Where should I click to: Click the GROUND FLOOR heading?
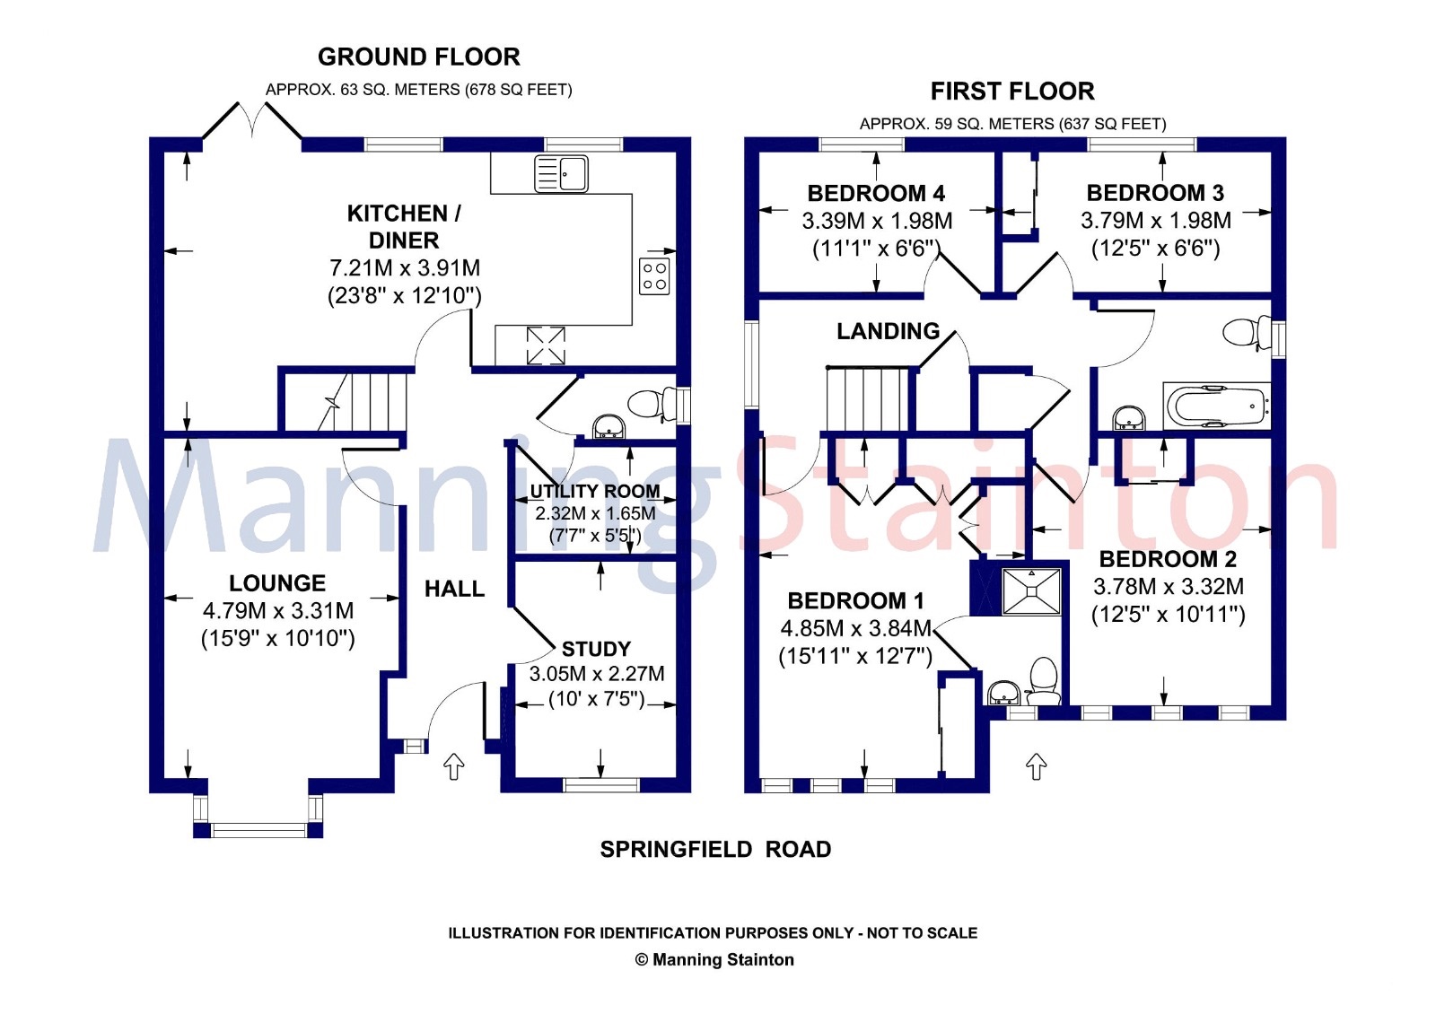(418, 57)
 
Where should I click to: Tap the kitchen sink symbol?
(561, 173)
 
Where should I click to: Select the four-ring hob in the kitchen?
(654, 276)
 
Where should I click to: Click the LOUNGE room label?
(277, 583)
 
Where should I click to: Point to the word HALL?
(454, 589)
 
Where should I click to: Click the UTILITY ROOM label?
(594, 491)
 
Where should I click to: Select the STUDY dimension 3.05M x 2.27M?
(596, 674)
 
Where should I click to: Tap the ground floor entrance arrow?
(454, 766)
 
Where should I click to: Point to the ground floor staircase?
(359, 402)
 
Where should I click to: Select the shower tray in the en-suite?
(1031, 590)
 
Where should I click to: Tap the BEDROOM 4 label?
(876, 193)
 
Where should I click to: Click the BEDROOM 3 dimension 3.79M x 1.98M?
(1155, 221)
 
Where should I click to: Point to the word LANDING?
(888, 331)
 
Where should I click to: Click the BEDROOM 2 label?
(1168, 559)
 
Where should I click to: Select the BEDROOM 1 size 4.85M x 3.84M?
(855, 628)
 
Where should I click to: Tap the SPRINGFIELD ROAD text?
(715, 849)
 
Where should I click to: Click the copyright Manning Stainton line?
(714, 959)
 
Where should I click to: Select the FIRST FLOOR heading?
(1012, 92)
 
